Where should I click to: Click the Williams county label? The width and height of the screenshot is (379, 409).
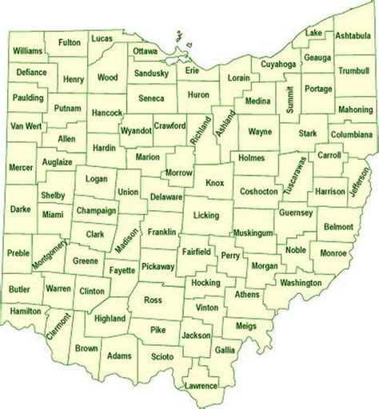tap(27, 50)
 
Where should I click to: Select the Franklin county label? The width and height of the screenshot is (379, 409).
tap(162, 232)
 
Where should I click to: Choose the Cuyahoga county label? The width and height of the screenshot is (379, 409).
tap(278, 63)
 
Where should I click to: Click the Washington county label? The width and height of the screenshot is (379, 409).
tap(301, 283)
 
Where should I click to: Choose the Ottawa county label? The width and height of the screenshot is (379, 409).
tap(146, 51)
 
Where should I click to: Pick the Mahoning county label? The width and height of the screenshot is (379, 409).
tap(356, 109)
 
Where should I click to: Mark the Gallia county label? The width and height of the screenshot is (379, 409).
tap(225, 350)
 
